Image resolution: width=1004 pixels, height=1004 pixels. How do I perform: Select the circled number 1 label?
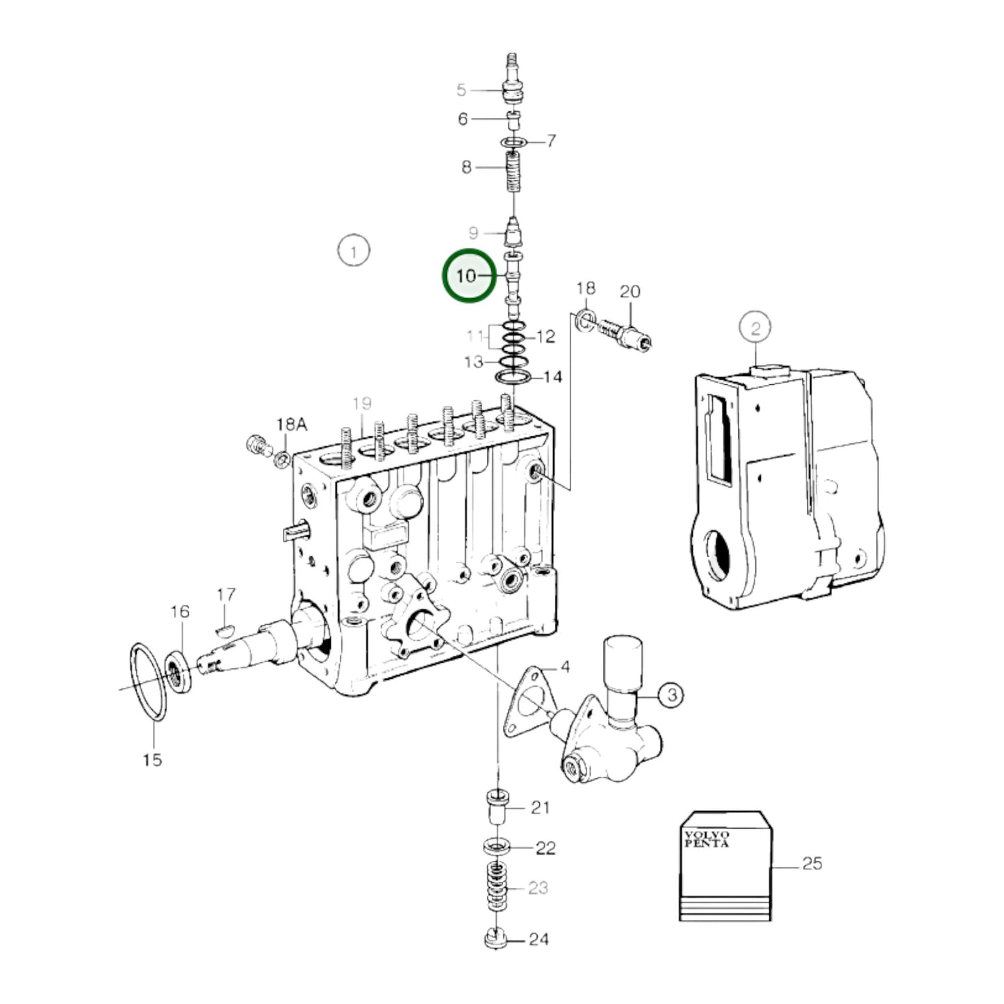(x=353, y=251)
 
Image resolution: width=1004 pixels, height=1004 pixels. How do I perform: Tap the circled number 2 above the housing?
(x=755, y=327)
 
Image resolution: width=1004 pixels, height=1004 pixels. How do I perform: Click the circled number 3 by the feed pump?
(x=670, y=694)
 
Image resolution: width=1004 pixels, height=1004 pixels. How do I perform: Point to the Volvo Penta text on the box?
(x=707, y=839)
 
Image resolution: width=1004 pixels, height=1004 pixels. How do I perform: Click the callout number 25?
(x=812, y=864)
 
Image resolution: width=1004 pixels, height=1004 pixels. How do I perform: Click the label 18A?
(x=292, y=424)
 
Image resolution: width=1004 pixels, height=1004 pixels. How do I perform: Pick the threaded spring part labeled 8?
(x=512, y=174)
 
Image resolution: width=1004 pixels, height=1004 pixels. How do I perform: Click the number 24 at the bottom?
(x=538, y=939)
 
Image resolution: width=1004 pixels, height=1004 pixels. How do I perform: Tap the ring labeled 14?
(x=513, y=377)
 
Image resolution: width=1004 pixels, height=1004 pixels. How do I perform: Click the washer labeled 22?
(x=495, y=848)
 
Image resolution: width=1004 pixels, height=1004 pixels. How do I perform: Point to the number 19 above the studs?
(x=362, y=403)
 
